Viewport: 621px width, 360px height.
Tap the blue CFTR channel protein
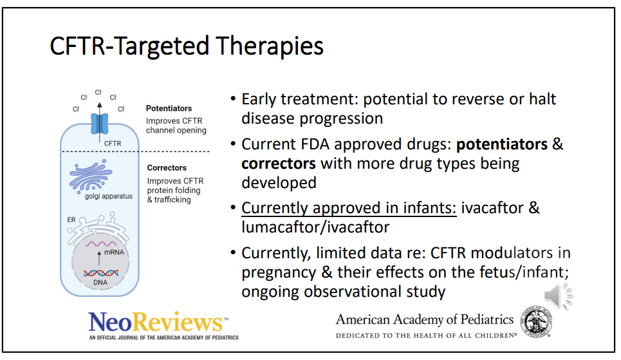[99, 124]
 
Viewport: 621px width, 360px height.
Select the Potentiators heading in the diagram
[169, 108]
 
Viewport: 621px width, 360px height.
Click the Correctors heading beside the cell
[167, 167]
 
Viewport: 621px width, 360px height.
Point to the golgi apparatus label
[109, 196]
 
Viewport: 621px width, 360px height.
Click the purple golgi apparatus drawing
[91, 175]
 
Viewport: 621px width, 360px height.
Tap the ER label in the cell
[71, 220]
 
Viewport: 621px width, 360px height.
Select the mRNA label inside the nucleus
[114, 252]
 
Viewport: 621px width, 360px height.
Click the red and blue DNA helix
[101, 273]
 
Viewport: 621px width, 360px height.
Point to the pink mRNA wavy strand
[102, 243]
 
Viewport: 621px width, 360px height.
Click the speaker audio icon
[559, 296]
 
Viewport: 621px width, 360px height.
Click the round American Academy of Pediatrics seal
[536, 321]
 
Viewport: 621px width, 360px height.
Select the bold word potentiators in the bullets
[502, 144]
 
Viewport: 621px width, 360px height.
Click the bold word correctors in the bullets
[279, 164]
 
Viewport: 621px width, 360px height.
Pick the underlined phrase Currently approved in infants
[349, 208]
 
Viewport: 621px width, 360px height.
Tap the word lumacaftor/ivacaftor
[316, 227]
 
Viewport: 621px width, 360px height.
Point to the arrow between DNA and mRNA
[99, 258]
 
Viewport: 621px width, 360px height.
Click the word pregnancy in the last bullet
[279, 273]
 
